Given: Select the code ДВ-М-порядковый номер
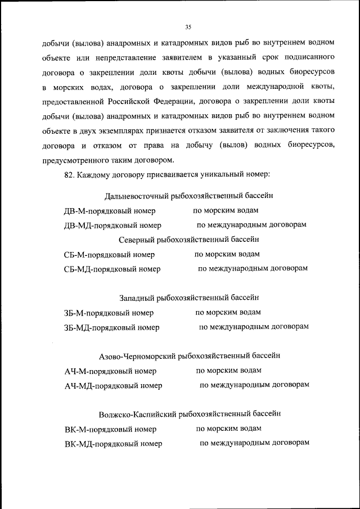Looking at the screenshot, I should coord(110,211).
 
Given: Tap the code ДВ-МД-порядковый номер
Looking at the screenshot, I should coord(112,226).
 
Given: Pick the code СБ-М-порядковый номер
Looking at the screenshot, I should coord(109,255).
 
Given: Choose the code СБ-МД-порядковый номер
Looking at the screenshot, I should coord(112,269).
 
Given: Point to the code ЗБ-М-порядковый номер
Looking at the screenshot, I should coord(109,313).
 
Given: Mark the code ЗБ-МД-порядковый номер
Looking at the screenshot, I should coord(111,327).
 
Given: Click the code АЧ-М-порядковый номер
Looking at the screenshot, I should coord(110,371).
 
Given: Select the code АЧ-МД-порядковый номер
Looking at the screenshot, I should coord(113,386).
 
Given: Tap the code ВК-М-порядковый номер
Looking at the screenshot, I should coord(110,429).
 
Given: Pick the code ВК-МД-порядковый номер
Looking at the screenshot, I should coord(113,444).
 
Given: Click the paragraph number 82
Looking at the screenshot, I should coord(69,174).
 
